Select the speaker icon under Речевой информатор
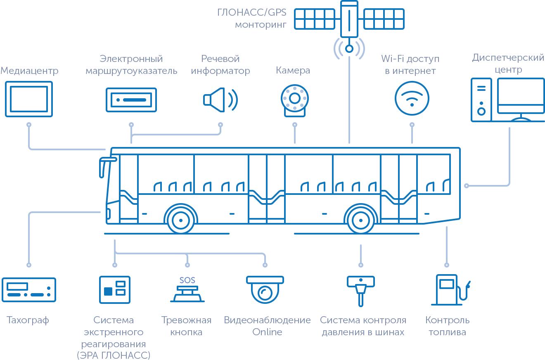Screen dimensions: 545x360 point(220,100)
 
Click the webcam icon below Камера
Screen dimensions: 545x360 point(295,100)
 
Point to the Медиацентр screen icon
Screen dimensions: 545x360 point(29,99)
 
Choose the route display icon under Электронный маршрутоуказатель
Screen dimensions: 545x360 point(131,100)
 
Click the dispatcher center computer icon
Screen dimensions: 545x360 point(507,100)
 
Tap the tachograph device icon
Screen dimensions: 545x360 point(29,290)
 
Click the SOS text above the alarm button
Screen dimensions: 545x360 point(187,280)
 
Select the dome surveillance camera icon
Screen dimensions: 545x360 point(265,289)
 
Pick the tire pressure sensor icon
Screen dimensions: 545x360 point(361,291)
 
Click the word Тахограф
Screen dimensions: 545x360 point(28,320)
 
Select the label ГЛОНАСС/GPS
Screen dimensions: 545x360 point(251,12)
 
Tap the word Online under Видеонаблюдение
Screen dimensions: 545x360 point(267,332)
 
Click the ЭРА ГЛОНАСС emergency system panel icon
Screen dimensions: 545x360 point(115,290)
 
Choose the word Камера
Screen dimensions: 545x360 point(293,70)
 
